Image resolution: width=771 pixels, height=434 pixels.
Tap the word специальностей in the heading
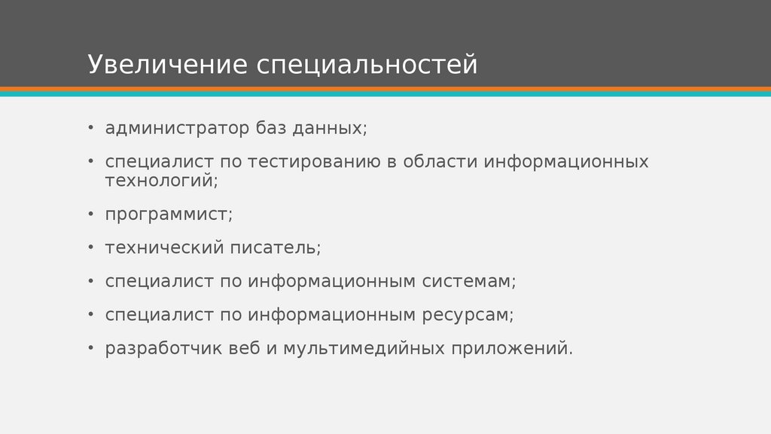[367, 66]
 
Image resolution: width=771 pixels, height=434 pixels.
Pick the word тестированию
[313, 162]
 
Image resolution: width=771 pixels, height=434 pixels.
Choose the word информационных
[565, 162]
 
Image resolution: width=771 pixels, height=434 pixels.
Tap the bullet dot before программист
[90, 213]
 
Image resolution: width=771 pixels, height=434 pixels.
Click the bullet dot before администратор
[90, 127]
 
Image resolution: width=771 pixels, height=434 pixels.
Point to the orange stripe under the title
[385, 89]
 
